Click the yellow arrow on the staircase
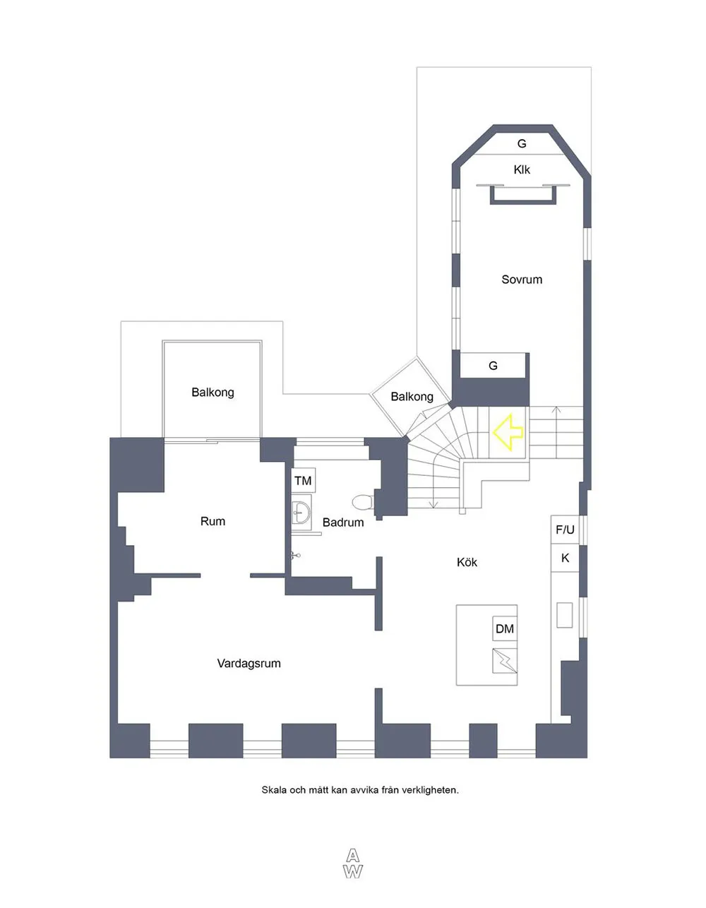(x=508, y=432)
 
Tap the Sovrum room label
(x=522, y=280)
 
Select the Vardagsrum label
(x=249, y=663)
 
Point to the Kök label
(x=467, y=562)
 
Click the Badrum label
(x=343, y=522)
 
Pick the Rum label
(x=213, y=521)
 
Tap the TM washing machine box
(x=303, y=480)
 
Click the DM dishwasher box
(x=505, y=628)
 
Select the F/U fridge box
(x=565, y=530)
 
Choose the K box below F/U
(x=565, y=558)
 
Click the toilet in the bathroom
(x=363, y=502)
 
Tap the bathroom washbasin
(x=301, y=512)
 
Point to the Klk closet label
(x=522, y=169)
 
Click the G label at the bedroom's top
(x=522, y=144)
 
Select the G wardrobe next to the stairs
(x=493, y=366)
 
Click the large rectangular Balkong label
(x=213, y=393)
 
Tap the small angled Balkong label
(x=412, y=397)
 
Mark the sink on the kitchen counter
(x=564, y=615)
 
